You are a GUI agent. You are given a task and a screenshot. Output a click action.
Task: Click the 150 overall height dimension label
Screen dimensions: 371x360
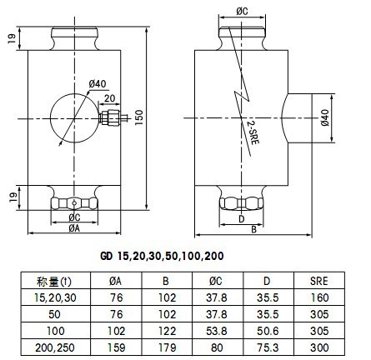coord(139,117)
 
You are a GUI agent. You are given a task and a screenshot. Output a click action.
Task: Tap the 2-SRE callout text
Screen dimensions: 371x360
coord(253,132)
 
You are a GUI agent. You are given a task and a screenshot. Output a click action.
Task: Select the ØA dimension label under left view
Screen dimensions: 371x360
coord(74,228)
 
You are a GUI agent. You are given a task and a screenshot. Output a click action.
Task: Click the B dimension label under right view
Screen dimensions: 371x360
coord(253,230)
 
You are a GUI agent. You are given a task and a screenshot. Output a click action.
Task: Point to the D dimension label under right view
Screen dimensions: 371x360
coord(242,219)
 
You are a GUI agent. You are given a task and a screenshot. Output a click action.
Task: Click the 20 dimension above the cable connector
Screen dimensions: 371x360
coord(110,98)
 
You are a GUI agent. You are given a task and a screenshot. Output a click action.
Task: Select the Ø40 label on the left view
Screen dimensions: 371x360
coord(98,83)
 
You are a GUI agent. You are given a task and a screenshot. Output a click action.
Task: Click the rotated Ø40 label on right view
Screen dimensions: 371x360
coord(325,117)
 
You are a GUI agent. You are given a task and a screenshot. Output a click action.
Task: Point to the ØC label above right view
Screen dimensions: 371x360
coord(242,12)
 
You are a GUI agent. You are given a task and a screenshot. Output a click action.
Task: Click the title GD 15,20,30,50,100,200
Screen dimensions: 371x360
coord(162,256)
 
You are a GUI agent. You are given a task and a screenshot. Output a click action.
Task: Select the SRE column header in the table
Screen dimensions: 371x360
coord(319,281)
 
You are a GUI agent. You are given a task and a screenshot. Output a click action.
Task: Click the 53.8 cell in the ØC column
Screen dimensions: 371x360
coord(217,331)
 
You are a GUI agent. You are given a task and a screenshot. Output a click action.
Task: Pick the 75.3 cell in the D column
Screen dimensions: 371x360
coord(268,347)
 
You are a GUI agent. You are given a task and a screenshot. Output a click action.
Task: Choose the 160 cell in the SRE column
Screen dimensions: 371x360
coord(319,297)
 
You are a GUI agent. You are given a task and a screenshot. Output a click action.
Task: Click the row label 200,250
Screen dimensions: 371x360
coord(55,347)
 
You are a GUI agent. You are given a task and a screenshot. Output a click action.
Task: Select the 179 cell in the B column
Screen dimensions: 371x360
coord(168,347)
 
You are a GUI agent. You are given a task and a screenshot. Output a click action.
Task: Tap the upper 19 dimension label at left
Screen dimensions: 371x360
coord(13,38)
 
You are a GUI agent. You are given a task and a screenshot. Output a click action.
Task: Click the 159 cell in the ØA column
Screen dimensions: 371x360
coord(117,347)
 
